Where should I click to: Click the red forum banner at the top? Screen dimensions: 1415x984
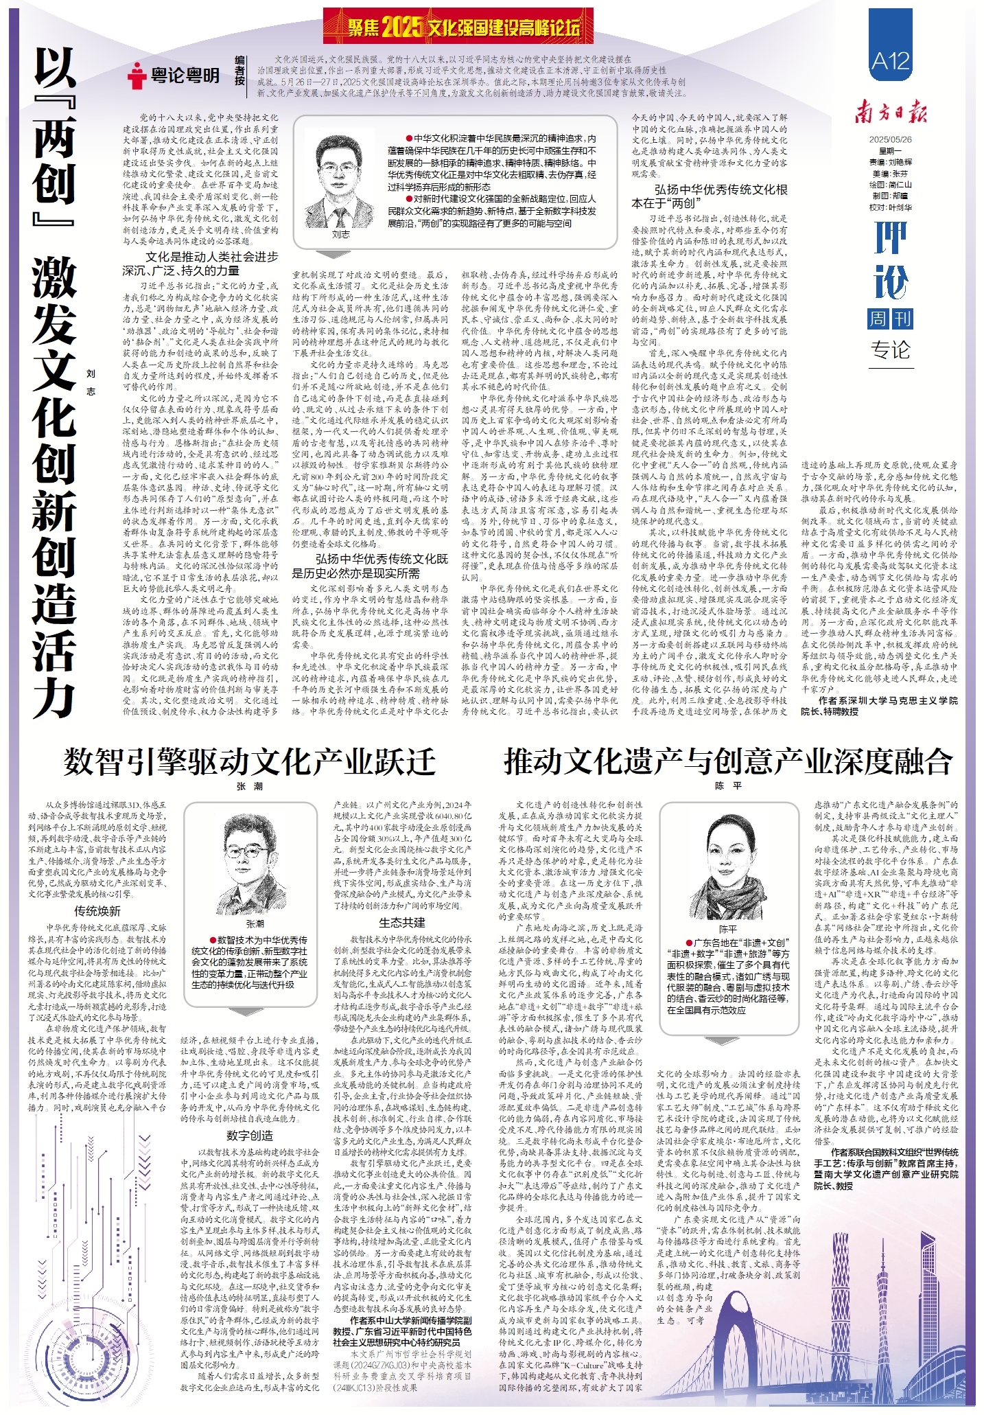(458, 27)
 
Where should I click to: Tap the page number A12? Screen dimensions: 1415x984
(890, 61)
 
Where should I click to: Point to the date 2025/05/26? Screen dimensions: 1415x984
(890, 139)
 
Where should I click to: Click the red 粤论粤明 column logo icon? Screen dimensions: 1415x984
(137, 76)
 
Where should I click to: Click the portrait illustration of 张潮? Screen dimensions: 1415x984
(255, 866)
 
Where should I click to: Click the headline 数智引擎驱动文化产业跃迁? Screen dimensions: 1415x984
(250, 761)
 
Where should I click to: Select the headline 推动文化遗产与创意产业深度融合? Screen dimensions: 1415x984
(728, 761)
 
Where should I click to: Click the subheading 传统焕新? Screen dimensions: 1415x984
(97, 911)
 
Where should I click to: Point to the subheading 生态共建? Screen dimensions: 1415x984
(402, 922)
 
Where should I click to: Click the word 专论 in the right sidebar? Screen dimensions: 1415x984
(890, 350)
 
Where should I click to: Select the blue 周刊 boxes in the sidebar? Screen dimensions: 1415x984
(890, 319)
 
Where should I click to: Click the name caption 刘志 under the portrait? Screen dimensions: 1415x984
(340, 234)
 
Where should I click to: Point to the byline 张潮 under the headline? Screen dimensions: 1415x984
(250, 786)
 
